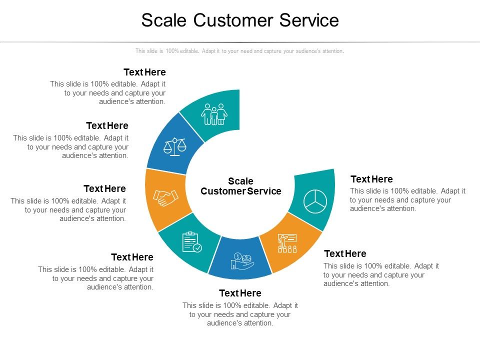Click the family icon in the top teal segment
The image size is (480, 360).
point(214,114)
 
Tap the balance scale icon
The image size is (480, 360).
point(174,146)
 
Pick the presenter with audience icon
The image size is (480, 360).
point(287,242)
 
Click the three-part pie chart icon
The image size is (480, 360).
point(315,201)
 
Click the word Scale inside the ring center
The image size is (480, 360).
point(240,181)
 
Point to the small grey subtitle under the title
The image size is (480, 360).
point(239,51)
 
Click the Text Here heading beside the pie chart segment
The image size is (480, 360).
point(371,179)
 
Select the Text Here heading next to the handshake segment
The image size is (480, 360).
point(104,188)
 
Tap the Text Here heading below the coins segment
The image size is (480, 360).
point(240,293)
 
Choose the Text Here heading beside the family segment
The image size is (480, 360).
point(144,72)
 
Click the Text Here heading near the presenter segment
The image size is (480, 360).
point(345,253)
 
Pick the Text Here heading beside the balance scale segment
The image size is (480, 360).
point(107,125)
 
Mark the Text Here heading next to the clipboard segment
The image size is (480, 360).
point(132,257)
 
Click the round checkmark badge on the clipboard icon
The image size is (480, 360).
point(198,248)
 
